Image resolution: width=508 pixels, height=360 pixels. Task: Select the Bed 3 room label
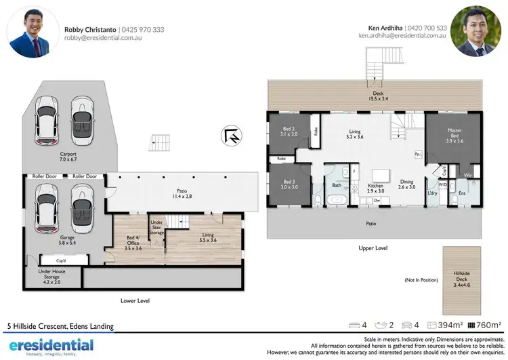289,185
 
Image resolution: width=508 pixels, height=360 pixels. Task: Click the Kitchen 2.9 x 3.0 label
375,189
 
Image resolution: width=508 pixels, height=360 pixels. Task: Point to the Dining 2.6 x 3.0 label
406,185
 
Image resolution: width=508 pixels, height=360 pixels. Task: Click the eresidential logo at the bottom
50,346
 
